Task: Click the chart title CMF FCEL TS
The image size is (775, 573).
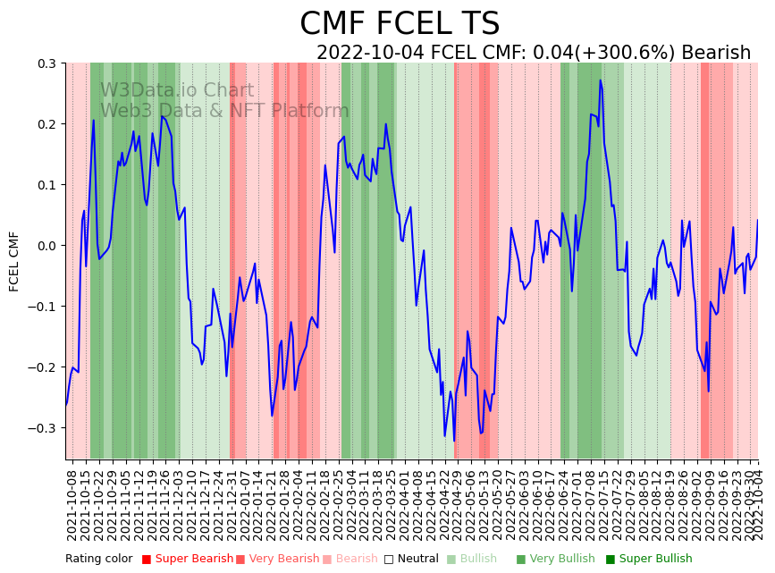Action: click(400, 24)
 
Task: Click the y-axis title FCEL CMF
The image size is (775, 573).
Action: click(14, 261)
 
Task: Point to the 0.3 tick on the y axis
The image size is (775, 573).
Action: click(45, 63)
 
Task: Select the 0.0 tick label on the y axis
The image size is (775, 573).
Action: click(45, 246)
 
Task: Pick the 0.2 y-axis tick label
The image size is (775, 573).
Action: click(45, 124)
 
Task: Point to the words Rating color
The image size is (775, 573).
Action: click(98, 559)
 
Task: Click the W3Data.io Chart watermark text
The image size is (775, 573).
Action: click(177, 90)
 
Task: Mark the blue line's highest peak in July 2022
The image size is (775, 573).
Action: click(601, 80)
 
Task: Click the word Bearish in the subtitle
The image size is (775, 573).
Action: click(716, 53)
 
